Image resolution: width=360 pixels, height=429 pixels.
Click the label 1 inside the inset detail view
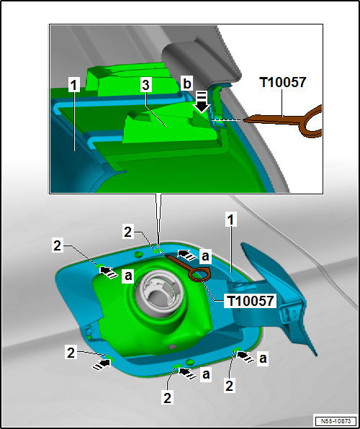[x=73, y=86]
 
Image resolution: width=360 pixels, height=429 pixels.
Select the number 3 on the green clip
[x=145, y=86]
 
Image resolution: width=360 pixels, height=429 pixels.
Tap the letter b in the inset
[x=187, y=84]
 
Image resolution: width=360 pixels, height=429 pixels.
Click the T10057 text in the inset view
[x=282, y=82]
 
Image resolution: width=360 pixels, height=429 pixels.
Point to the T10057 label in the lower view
[x=251, y=301]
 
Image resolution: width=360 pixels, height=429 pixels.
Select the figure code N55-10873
[x=336, y=420]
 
